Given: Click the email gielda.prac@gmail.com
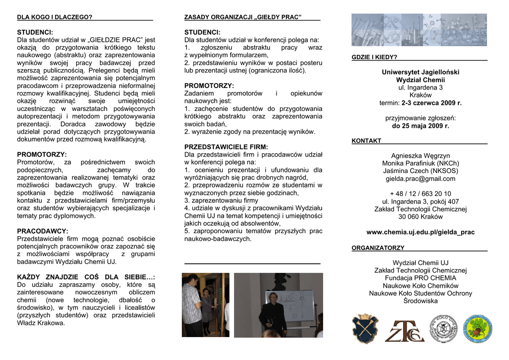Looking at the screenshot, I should pyautogui.click(x=420, y=179).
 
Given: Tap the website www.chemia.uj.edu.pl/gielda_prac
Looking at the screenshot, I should pyautogui.click(x=420, y=232).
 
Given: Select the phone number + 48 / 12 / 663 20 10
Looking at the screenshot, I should pyautogui.click(x=420, y=194).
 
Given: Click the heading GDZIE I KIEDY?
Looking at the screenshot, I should pyautogui.click(x=374, y=57).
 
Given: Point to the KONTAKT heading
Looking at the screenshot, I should pyautogui.click(x=366, y=141).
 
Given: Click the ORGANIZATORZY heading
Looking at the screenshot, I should pyautogui.click(x=378, y=248).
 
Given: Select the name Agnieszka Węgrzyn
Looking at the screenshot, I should pyautogui.click(x=420, y=156).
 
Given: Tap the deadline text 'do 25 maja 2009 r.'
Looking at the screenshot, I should pyautogui.click(x=420, y=126).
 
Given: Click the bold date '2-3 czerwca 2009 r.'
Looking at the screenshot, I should pyautogui.click(x=431, y=103).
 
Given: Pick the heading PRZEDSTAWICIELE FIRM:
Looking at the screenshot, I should pyautogui.click(x=226, y=147).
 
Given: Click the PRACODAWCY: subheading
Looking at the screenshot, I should pyautogui.click(x=43, y=231).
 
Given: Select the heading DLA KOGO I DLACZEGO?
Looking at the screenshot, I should pyautogui.click(x=55, y=17).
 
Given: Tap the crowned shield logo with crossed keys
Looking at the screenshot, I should pyautogui.click(x=365, y=328).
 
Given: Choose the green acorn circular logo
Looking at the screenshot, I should pyautogui.click(x=478, y=329).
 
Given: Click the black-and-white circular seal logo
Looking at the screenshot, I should pyautogui.click(x=443, y=329).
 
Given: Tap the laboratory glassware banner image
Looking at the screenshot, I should pyautogui.click(x=419, y=30).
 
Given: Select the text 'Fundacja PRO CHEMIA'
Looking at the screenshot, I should pyautogui.click(x=420, y=278).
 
